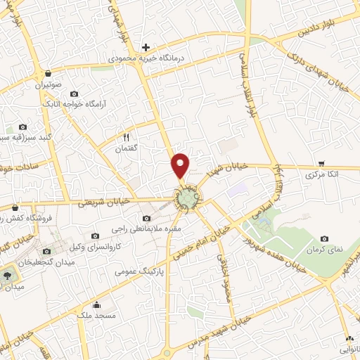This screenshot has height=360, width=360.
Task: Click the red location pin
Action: pos(181,165)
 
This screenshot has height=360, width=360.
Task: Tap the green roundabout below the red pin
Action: pos(187,200)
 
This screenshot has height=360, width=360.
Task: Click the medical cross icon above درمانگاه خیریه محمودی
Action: pos(146,47)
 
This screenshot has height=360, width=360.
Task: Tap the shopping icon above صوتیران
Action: pos(47,73)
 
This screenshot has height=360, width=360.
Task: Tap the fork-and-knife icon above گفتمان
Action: pos(127,137)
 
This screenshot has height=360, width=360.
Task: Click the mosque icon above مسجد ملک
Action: pos(96,304)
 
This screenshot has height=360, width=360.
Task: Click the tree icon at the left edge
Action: pos(8,276)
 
